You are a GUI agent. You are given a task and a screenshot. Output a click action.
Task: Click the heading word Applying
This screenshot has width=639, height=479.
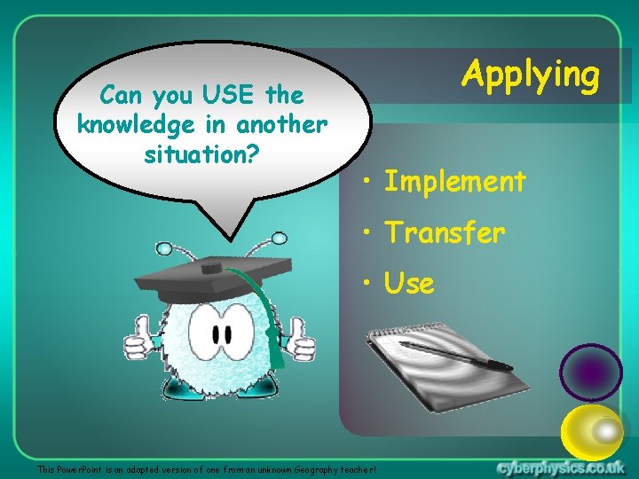pyautogui.click(x=531, y=75)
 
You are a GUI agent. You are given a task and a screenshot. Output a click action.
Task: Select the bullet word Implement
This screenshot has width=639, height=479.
pyautogui.click(x=454, y=182)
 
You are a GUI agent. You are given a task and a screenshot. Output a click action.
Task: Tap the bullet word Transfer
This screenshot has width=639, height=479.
pyautogui.click(x=445, y=233)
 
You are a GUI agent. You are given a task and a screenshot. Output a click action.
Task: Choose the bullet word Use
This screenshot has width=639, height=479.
pyautogui.click(x=409, y=284)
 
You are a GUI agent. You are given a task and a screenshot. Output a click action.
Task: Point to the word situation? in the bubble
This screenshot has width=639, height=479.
pyautogui.click(x=201, y=155)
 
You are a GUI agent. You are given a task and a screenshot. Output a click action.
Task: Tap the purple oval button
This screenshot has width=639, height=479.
pyautogui.click(x=591, y=373)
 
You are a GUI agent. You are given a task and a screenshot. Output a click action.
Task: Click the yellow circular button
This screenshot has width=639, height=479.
pyautogui.click(x=594, y=432)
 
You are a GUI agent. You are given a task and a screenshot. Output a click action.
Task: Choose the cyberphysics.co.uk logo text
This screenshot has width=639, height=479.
pyautogui.click(x=560, y=467)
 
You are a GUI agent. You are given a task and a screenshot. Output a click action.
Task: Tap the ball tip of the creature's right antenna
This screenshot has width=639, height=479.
pyautogui.click(x=280, y=238)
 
